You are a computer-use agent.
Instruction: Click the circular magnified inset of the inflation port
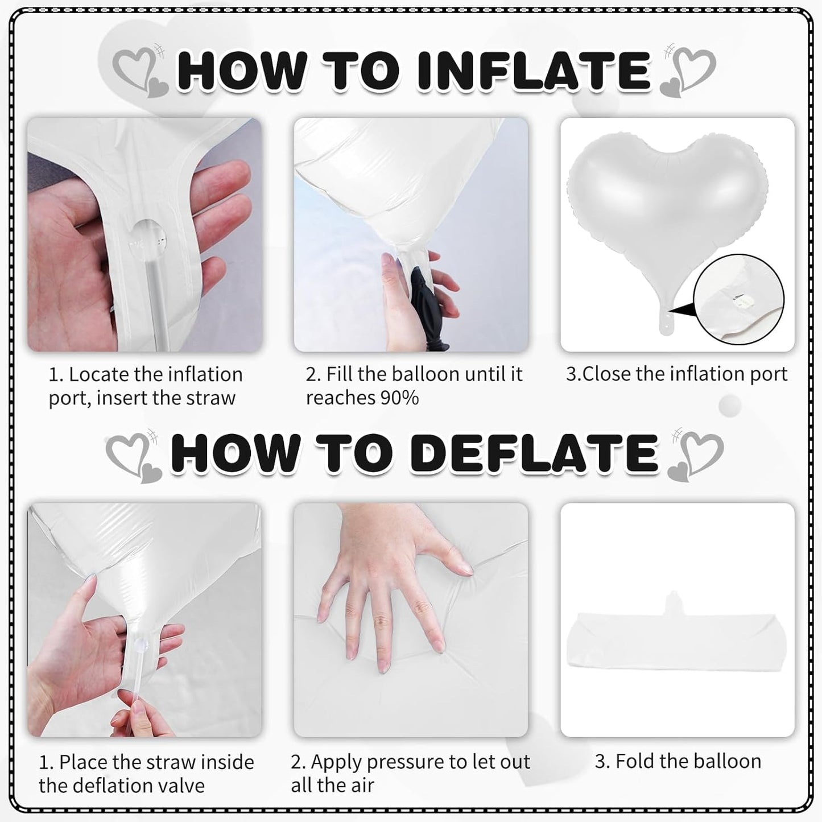738,299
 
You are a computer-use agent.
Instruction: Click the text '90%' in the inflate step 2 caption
399,398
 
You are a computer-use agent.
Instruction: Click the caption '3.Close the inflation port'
676,374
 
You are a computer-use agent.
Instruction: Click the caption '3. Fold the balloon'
678,762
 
